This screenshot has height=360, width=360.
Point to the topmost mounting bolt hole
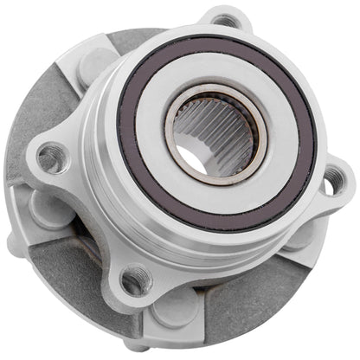[225, 20]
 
